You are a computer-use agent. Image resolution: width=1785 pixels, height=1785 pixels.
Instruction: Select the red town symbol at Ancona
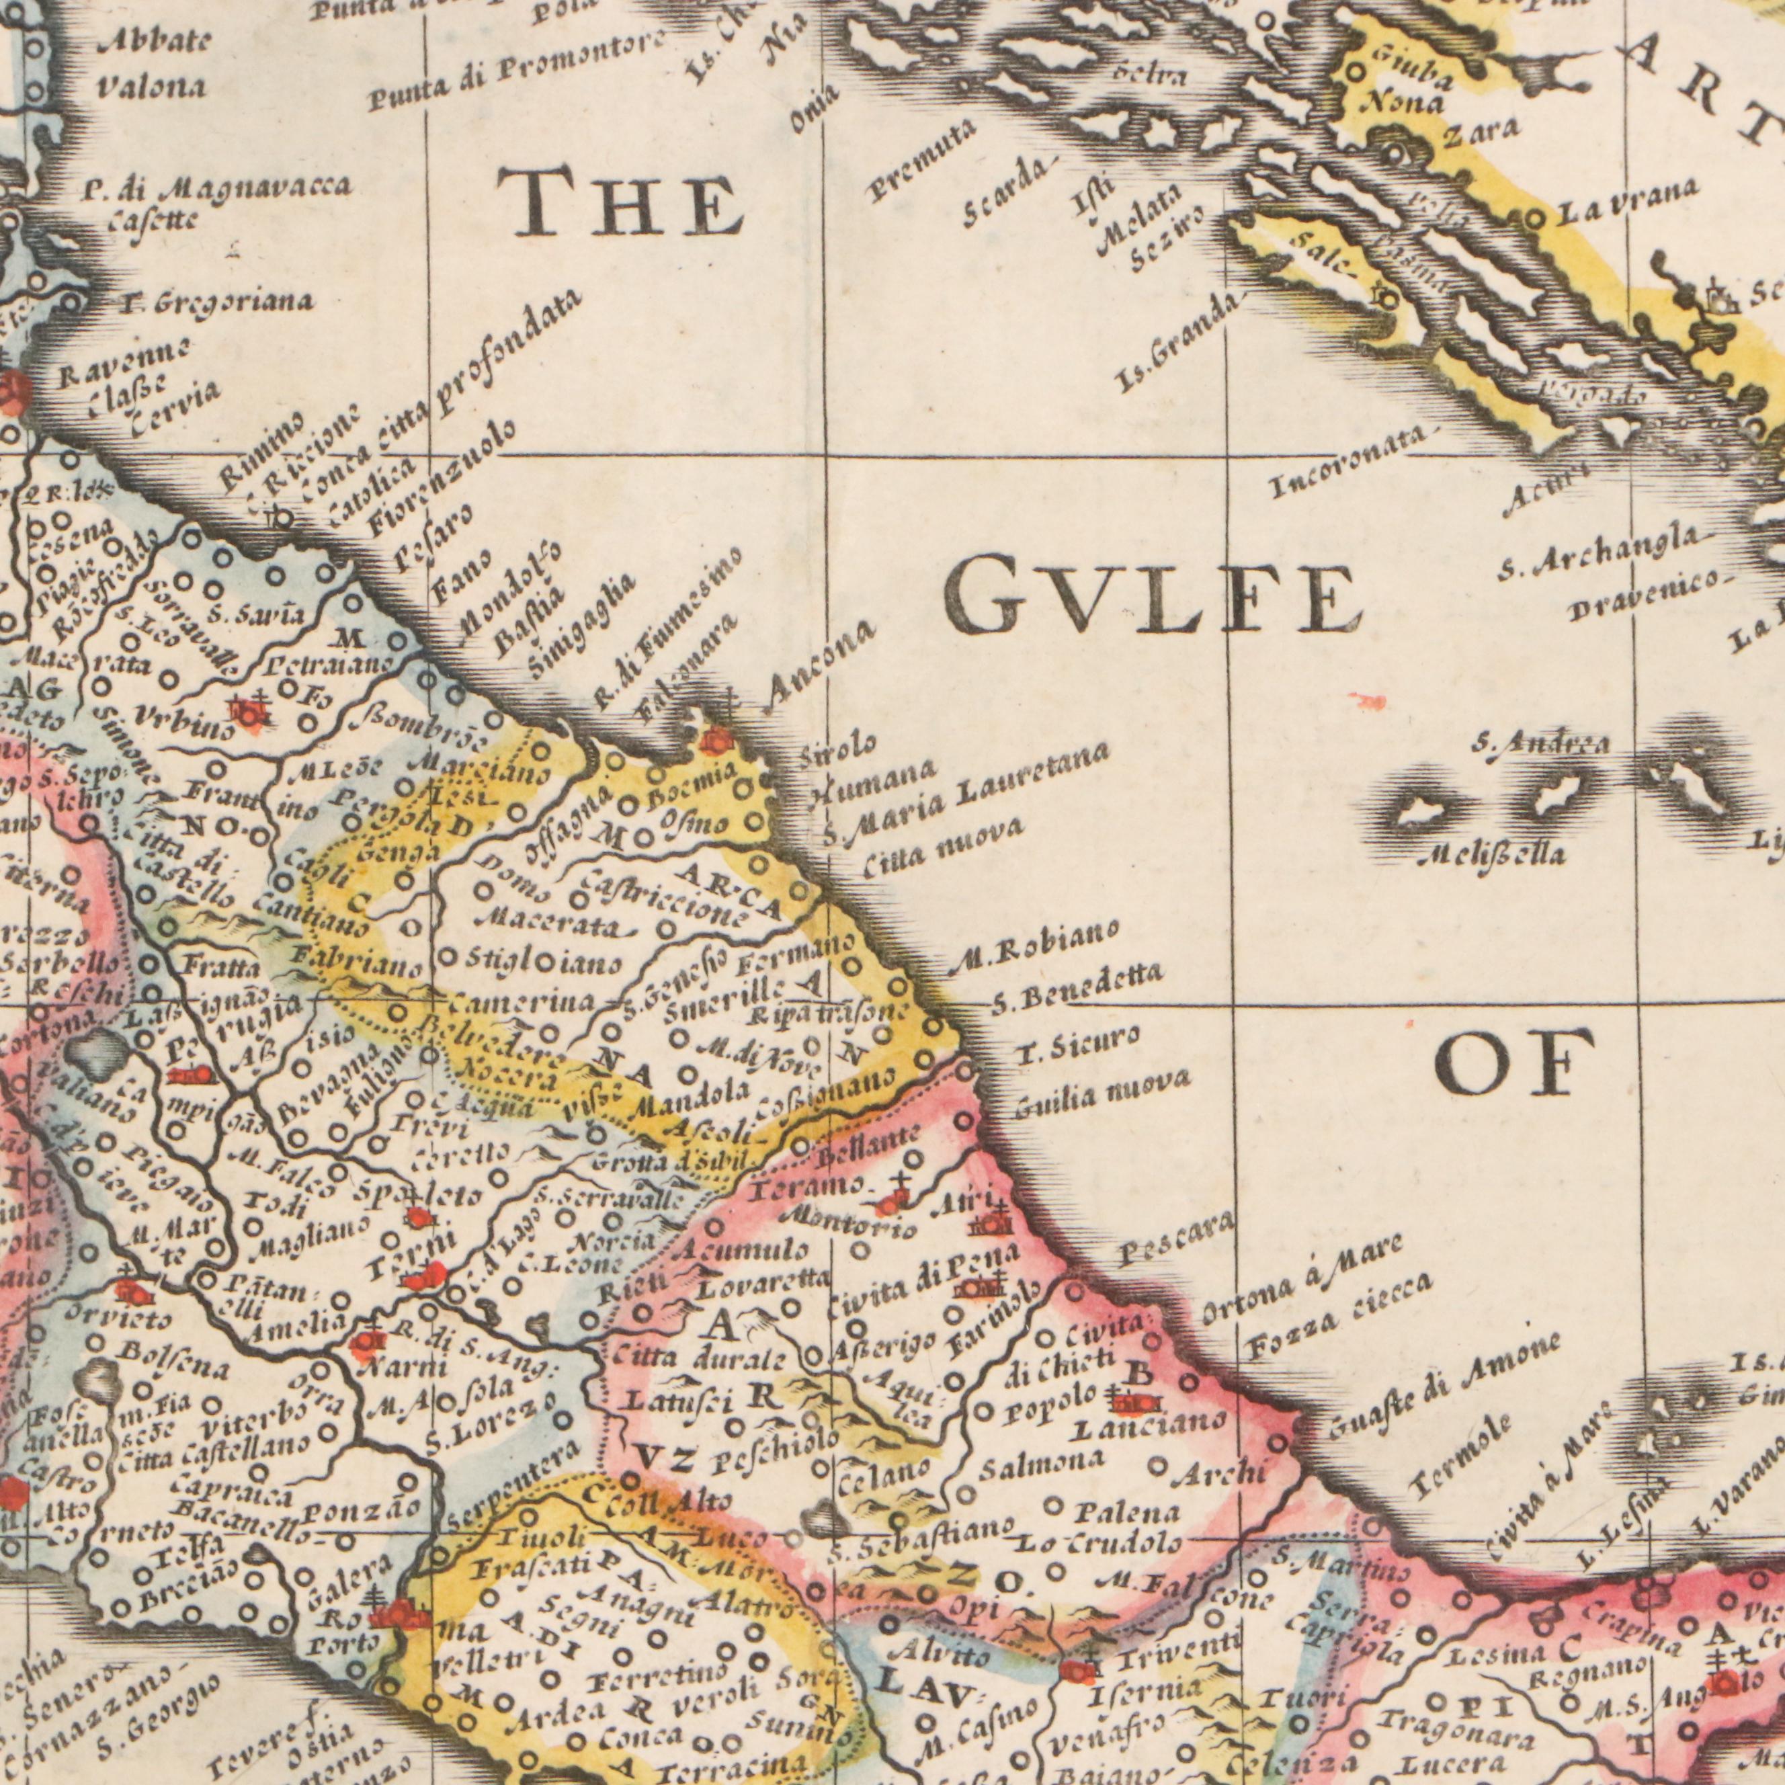pyautogui.click(x=716, y=738)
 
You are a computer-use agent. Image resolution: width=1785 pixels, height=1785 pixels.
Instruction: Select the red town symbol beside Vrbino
pyautogui.click(x=251, y=712)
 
